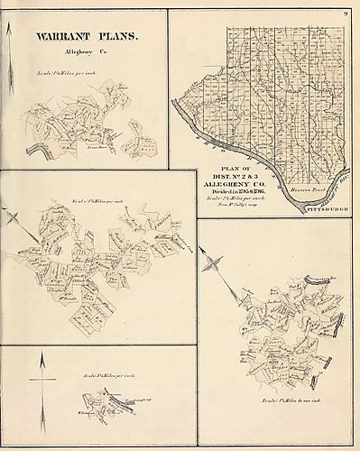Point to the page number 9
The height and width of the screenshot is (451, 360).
coord(346,11)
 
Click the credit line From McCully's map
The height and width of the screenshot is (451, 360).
coord(225,211)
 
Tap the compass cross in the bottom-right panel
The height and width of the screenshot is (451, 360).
coord(215,264)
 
